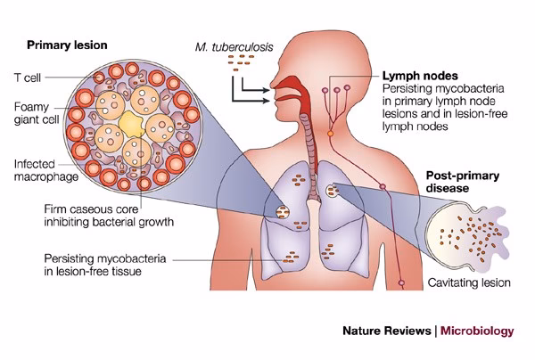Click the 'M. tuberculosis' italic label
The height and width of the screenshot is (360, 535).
pos(235,45)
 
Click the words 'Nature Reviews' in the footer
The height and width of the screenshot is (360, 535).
pos(387,331)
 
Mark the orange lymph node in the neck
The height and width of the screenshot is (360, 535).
pos(331,133)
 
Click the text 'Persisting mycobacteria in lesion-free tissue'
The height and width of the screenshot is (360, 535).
pos(99,264)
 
